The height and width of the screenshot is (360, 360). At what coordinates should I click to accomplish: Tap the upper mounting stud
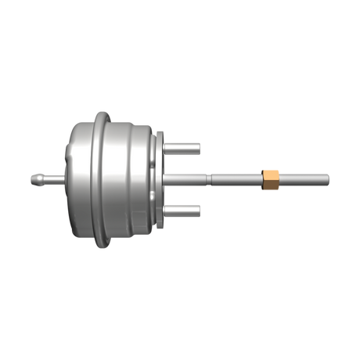(x=185, y=146)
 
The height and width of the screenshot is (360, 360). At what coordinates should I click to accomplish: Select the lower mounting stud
(x=185, y=209)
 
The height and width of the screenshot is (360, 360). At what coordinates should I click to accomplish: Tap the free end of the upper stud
(x=199, y=146)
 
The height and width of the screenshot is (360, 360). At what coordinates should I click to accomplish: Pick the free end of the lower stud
(x=199, y=209)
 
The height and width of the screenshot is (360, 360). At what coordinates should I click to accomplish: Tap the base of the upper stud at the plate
(x=168, y=146)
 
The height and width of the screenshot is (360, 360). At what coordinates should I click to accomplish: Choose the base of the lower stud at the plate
(x=168, y=209)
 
